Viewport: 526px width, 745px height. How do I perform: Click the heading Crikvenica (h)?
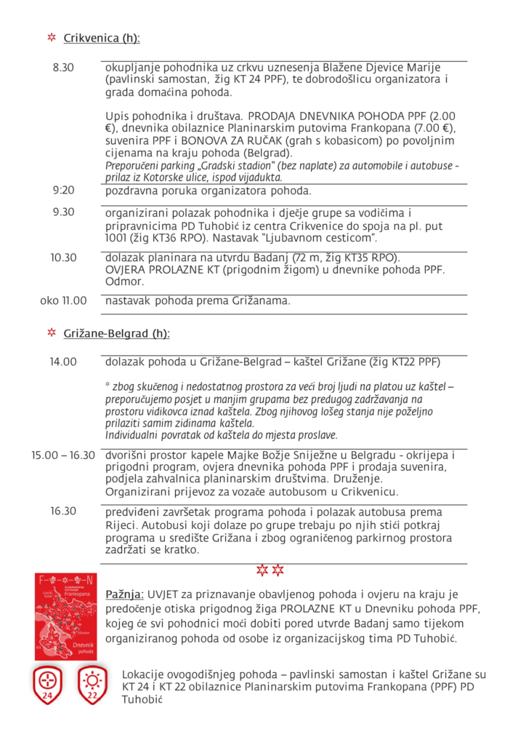click(x=101, y=37)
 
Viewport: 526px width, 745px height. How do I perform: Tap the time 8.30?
click(x=63, y=68)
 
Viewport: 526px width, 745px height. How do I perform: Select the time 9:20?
click(x=63, y=191)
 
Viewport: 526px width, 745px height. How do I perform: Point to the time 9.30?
click(x=63, y=212)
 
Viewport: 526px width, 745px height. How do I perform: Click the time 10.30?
click(x=63, y=257)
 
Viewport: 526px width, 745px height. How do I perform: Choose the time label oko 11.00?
click(x=63, y=300)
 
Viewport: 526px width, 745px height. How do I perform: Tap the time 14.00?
click(x=63, y=362)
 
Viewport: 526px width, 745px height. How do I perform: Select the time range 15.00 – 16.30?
click(x=63, y=455)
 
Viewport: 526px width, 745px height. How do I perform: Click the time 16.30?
click(x=63, y=511)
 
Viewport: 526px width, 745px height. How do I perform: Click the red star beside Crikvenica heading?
click(x=51, y=37)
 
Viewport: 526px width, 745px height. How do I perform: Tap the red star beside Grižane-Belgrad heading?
click(x=51, y=333)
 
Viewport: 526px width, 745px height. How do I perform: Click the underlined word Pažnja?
click(x=125, y=592)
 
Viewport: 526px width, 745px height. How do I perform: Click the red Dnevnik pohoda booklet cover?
click(x=65, y=616)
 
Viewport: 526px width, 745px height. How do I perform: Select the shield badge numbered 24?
click(x=48, y=685)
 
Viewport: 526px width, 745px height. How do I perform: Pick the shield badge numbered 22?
click(x=92, y=685)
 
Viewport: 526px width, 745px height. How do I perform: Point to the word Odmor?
click(x=125, y=282)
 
